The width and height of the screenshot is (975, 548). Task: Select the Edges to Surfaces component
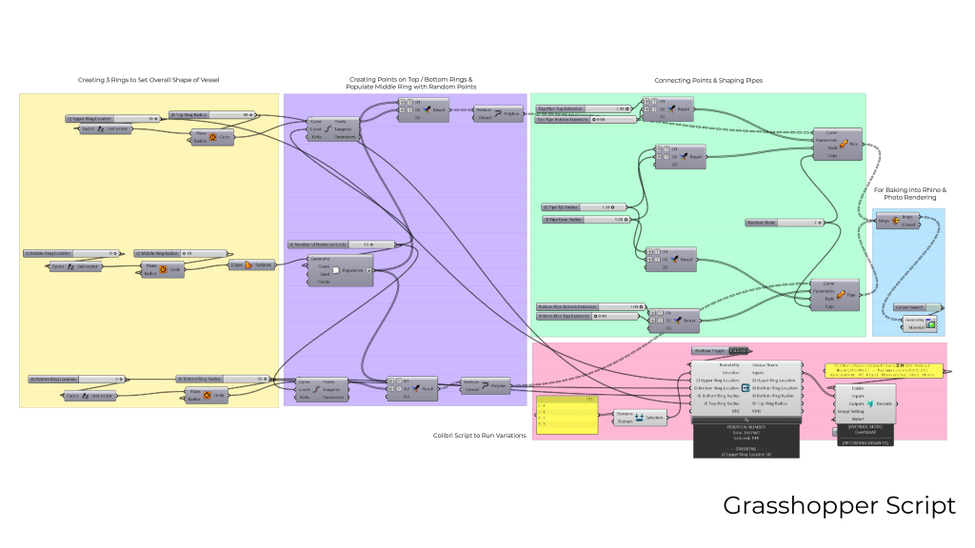click(249, 264)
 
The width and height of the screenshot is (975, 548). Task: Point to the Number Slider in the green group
click(785, 223)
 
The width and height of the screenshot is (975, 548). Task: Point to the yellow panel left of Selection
click(567, 415)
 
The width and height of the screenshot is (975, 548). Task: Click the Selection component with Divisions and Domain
click(640, 417)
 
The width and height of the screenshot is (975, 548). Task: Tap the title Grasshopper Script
click(839, 505)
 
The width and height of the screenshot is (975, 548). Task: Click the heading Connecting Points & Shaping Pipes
click(708, 80)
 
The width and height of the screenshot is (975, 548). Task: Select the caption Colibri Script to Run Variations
click(479, 435)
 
